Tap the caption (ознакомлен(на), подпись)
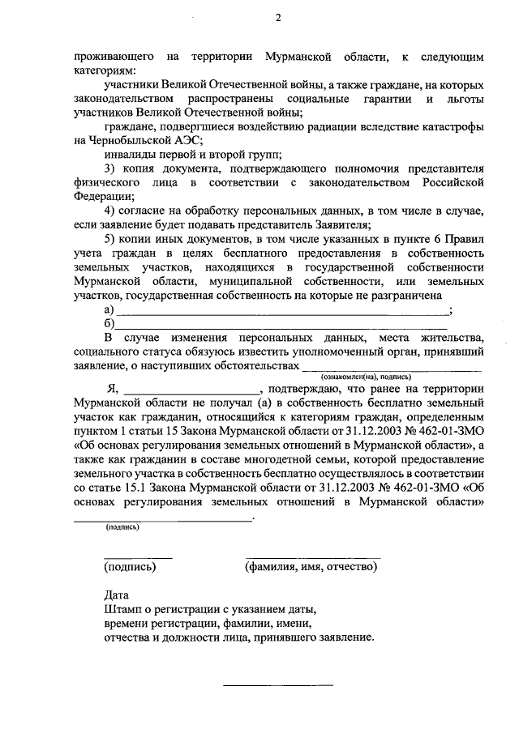(x=367, y=377)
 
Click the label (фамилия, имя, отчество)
(x=311, y=567)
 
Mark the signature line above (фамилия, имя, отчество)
(x=312, y=557)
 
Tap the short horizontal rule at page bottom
(x=278, y=686)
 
